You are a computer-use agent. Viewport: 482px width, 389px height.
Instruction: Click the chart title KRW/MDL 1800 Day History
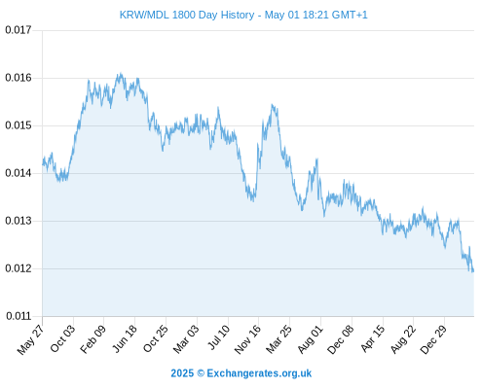[x=187, y=15]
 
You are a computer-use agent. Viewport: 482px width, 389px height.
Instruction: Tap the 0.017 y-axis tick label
[x=19, y=30]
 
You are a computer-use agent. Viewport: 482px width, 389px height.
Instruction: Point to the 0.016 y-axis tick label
[x=19, y=78]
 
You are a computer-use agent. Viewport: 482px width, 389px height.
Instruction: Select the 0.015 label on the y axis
[x=19, y=125]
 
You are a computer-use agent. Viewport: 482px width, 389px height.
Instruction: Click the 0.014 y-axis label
[x=19, y=173]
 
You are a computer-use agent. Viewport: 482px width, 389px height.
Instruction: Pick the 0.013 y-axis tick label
[x=19, y=221]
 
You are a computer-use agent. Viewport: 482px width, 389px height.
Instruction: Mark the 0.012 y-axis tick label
[x=19, y=268]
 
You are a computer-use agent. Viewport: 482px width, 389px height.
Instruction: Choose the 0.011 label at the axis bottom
[x=19, y=316]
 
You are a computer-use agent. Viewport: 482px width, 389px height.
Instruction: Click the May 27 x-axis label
[x=30, y=339]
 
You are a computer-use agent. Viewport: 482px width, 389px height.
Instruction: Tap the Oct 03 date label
[x=62, y=338]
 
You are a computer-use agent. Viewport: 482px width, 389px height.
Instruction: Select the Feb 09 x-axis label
[x=93, y=339]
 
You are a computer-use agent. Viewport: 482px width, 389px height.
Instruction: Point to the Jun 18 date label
[x=125, y=338]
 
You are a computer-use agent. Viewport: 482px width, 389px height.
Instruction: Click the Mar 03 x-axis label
[x=186, y=339]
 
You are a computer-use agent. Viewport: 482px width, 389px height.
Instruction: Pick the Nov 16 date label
[x=247, y=339]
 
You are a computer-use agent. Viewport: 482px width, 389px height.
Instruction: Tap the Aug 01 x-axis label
[x=311, y=339]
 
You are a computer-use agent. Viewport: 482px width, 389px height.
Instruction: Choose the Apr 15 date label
[x=373, y=338]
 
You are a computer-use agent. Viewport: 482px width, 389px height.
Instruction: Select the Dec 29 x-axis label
[x=433, y=339]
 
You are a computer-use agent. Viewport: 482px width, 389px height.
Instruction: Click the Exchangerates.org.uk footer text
[x=259, y=373]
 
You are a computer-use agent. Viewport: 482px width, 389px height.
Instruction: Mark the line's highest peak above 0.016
[x=121, y=73]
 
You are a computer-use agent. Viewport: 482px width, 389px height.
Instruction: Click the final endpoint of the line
[x=473, y=271]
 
